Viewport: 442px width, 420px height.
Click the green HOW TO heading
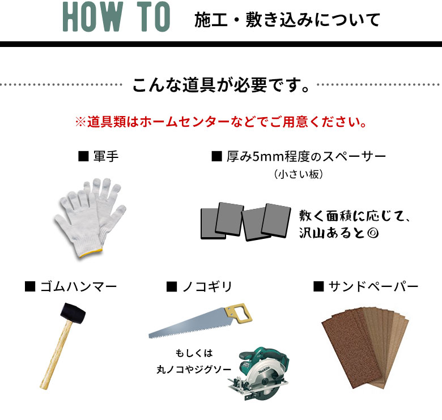(116, 16)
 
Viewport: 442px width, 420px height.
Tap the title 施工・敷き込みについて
(287, 20)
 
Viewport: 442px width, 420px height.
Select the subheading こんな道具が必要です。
(221, 85)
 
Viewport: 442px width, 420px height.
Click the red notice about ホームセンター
(221, 122)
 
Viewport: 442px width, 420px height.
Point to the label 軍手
(106, 156)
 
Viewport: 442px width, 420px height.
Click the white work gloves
(91, 217)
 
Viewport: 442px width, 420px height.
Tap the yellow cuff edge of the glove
(91, 252)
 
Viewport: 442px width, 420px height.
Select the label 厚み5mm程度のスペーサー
(306, 157)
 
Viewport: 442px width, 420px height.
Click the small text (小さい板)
(298, 174)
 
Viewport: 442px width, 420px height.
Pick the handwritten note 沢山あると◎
(339, 233)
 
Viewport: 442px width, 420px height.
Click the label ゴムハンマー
(78, 286)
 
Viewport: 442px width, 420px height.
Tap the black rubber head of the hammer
(73, 313)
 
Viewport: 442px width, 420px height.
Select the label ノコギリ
(207, 286)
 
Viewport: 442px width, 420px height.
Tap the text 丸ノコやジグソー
(194, 369)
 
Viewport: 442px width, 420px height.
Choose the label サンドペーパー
(373, 286)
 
